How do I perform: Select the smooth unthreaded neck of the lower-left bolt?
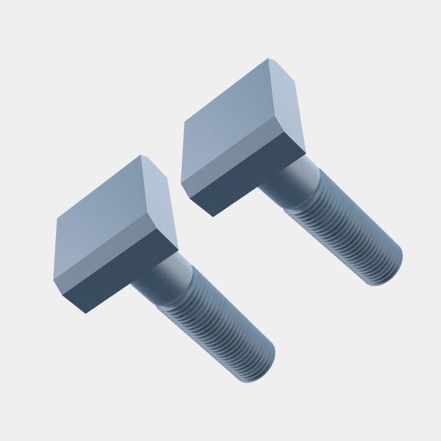click(169, 278)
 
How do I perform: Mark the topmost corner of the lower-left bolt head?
click(141, 155)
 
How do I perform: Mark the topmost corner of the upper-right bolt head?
click(268, 59)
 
